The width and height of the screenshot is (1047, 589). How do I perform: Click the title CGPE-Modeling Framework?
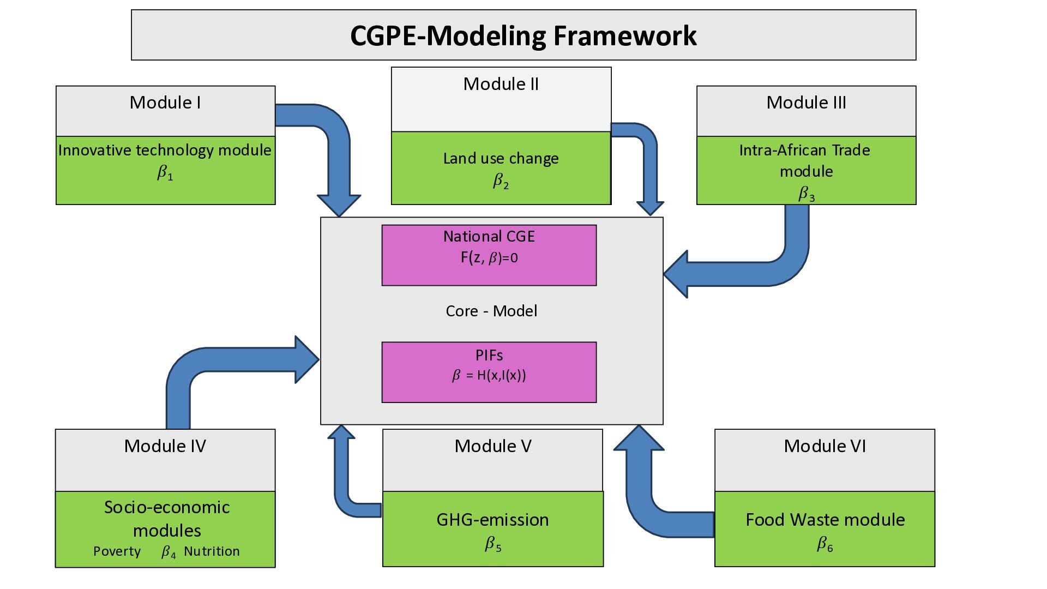(523, 36)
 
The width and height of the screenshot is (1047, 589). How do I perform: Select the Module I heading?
(165, 103)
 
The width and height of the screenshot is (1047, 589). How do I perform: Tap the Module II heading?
(501, 84)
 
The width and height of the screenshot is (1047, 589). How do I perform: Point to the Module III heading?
(806, 103)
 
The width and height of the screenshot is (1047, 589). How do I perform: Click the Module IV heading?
(165, 446)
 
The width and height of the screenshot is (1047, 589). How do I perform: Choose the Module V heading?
(492, 446)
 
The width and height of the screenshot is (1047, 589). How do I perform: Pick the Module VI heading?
(825, 446)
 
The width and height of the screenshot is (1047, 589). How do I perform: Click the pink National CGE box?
(489, 255)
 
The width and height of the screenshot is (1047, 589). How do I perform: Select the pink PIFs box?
(489, 372)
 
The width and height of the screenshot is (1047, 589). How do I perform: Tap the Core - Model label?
(491, 311)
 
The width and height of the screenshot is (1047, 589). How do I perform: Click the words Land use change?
(501, 158)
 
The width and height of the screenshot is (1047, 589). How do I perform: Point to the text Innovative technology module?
(165, 150)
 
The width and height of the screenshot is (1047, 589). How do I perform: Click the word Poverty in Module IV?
(117, 551)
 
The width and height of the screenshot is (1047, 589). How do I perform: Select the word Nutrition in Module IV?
(212, 551)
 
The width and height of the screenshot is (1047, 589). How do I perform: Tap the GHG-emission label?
(492, 520)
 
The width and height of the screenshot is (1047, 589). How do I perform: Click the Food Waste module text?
(825, 520)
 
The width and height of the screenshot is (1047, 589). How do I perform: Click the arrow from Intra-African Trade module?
(763, 273)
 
